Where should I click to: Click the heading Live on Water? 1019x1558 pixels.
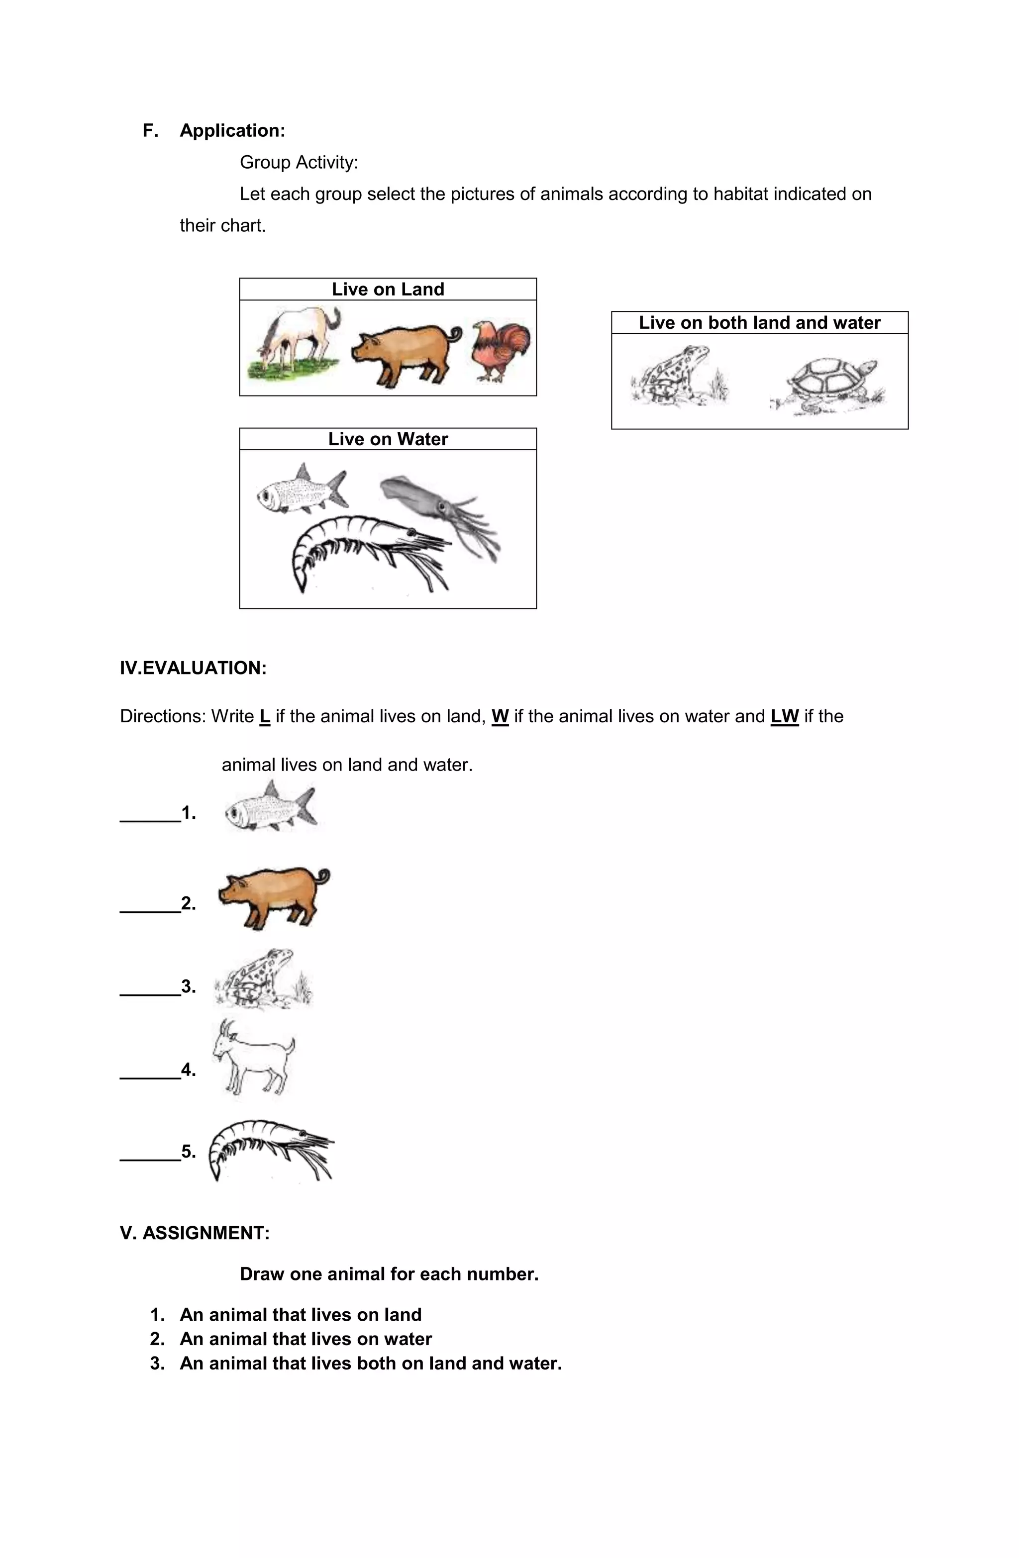[388, 439]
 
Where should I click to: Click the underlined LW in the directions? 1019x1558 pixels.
[784, 716]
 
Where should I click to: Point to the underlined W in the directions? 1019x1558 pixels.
[500, 716]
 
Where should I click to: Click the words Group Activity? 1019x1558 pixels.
[299, 162]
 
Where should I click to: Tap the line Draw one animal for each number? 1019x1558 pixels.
[389, 1274]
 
